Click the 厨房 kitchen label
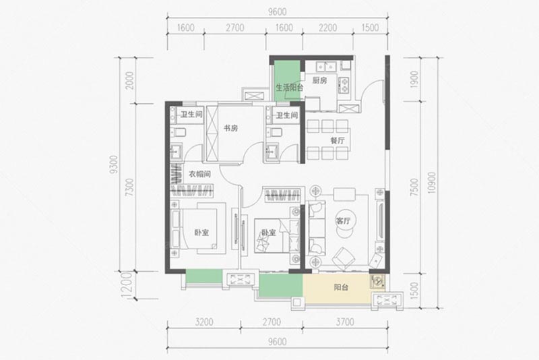click(319, 80)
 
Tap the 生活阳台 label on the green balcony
click(289, 88)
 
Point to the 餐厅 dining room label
click(338, 142)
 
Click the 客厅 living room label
click(344, 220)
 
